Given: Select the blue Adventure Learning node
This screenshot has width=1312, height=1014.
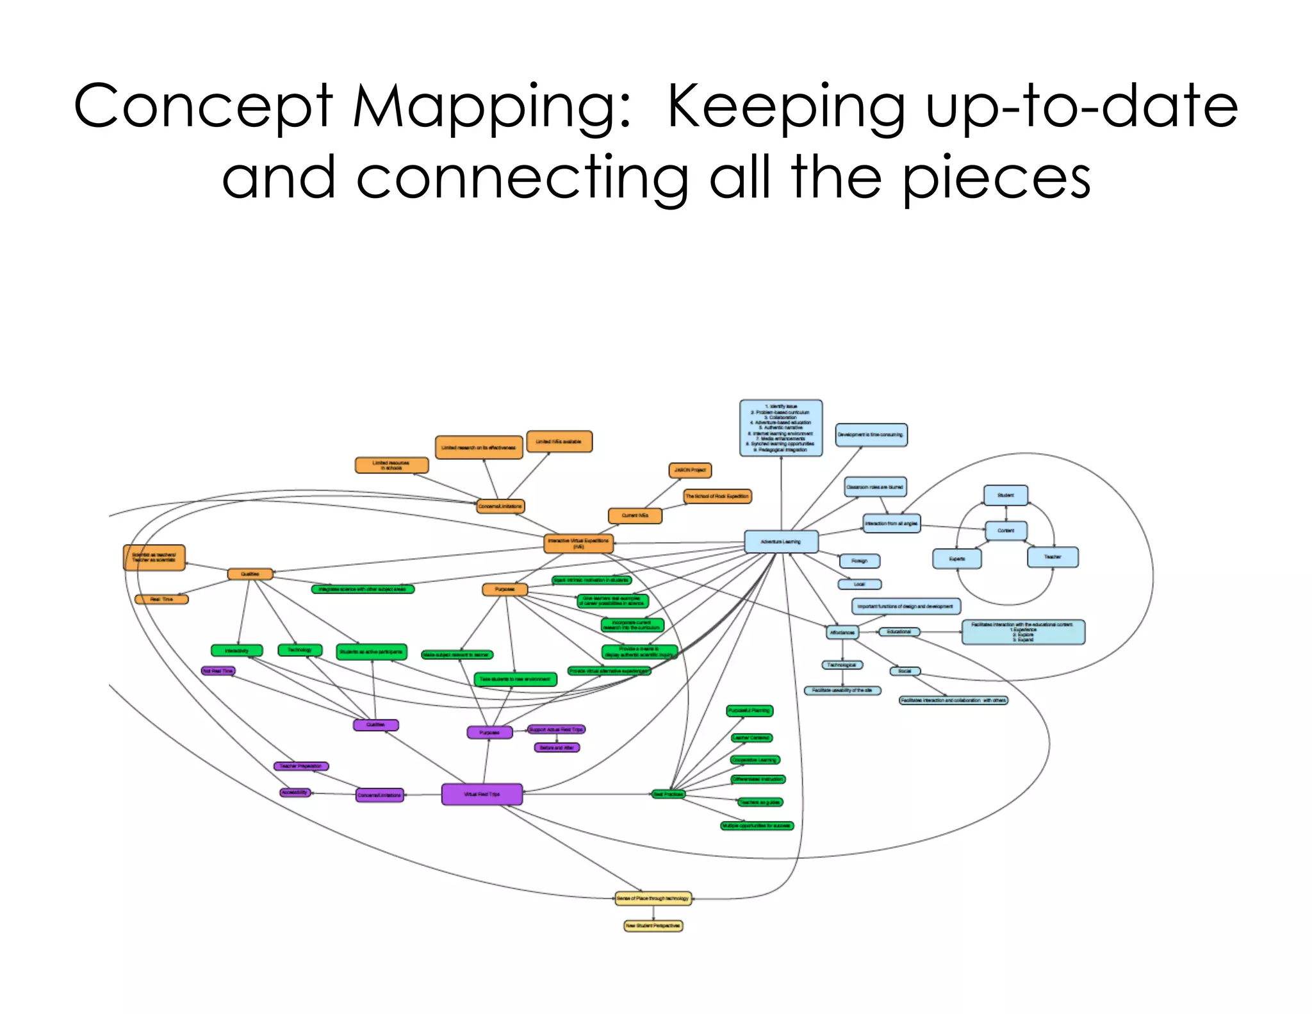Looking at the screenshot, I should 781,542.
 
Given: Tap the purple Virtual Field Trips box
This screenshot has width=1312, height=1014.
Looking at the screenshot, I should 482,794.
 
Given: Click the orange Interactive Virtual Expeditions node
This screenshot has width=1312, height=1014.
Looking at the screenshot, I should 578,544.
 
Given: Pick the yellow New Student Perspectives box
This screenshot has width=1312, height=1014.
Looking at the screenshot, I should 653,926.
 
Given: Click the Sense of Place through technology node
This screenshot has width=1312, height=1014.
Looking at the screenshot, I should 653,899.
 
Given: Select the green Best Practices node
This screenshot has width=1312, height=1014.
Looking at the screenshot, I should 668,794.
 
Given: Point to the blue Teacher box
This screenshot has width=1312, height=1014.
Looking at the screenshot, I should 1053,557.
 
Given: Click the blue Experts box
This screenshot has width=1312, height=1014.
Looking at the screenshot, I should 956,559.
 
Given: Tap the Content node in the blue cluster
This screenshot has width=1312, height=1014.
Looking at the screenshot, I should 1006,531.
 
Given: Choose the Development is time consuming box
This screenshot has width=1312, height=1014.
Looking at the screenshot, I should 871,435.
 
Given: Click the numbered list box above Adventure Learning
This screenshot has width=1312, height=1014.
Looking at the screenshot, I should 781,428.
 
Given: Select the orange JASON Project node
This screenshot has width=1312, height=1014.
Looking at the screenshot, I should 690,470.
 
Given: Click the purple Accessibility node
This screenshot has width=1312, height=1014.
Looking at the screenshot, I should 295,792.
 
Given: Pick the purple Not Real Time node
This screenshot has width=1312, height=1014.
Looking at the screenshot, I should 218,671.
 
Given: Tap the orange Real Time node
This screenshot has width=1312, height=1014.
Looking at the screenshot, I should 161,599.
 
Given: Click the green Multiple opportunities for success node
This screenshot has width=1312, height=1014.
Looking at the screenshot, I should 757,826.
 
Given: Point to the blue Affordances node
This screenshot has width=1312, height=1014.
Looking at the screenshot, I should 842,633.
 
